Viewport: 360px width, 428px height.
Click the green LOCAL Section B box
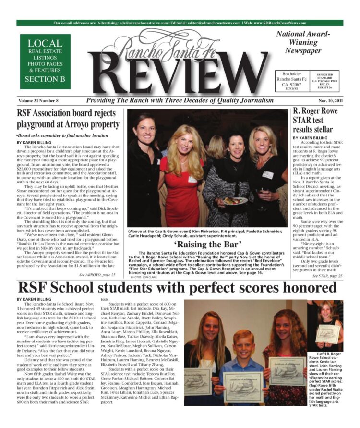pyautogui.click(x=45, y=61)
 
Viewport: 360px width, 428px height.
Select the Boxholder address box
pyautogui.click(x=291, y=81)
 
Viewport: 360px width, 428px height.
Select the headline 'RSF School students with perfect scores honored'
pyautogui.click(x=180, y=288)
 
